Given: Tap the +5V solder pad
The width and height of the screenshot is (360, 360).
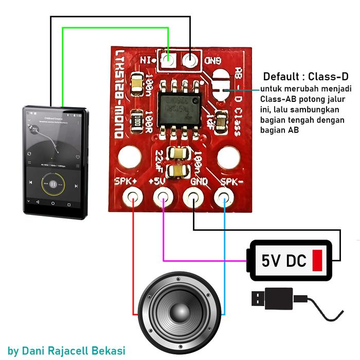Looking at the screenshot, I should click(163, 196).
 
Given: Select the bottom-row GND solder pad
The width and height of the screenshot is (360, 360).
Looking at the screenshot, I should click(193, 196).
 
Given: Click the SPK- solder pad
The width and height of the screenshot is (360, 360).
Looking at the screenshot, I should click(223, 196).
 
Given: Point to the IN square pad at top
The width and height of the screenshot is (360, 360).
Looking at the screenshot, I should click(166, 61).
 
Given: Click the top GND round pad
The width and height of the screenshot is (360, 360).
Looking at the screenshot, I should click(191, 61).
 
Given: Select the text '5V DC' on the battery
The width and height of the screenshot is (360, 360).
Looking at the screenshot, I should click(283, 261).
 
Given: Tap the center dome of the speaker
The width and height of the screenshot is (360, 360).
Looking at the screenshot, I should click(179, 312).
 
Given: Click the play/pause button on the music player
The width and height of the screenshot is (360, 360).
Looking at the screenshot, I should click(52, 184).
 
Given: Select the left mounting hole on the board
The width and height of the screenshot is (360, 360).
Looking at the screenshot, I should click(129, 155).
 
